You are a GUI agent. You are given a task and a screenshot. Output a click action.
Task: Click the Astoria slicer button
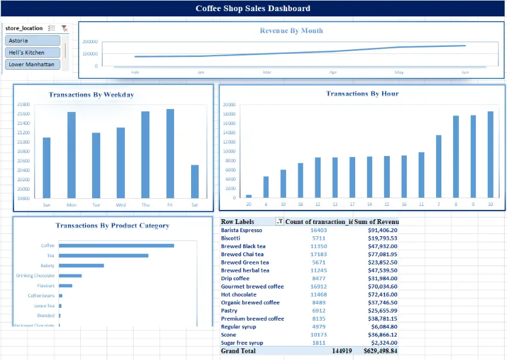pos(33,40)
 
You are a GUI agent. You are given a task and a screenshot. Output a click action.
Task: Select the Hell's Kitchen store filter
pos(33,53)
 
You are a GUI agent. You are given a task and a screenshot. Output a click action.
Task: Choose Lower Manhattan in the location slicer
pos(33,64)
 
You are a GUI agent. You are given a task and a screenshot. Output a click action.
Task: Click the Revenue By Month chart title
pos(291,30)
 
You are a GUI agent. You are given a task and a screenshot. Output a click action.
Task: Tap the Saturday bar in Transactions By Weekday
pos(195,181)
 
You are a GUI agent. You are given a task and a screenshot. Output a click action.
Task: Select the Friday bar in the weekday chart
pos(170,154)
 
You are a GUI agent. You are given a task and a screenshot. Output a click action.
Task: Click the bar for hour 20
pos(249,196)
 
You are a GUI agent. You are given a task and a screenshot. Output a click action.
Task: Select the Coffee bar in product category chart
pos(116,246)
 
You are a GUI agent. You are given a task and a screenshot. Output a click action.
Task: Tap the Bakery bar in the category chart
pos(81,266)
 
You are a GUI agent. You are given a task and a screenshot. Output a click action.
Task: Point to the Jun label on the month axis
pos(465,72)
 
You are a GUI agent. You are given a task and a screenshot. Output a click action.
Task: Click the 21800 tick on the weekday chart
pos(24,104)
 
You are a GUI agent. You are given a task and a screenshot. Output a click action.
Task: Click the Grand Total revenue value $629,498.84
pos(374,351)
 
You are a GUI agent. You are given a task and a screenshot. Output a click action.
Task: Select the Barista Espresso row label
pos(241,230)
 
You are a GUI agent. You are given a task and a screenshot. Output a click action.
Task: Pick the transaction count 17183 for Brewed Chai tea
pos(319,254)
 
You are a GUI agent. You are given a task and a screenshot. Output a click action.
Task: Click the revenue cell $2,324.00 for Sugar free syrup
pos(383,342)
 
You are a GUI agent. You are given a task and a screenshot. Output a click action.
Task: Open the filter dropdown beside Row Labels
pos(280,222)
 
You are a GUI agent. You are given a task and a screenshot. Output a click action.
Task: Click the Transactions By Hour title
pos(362,94)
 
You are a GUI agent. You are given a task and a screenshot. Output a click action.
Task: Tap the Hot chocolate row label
pos(239,294)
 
